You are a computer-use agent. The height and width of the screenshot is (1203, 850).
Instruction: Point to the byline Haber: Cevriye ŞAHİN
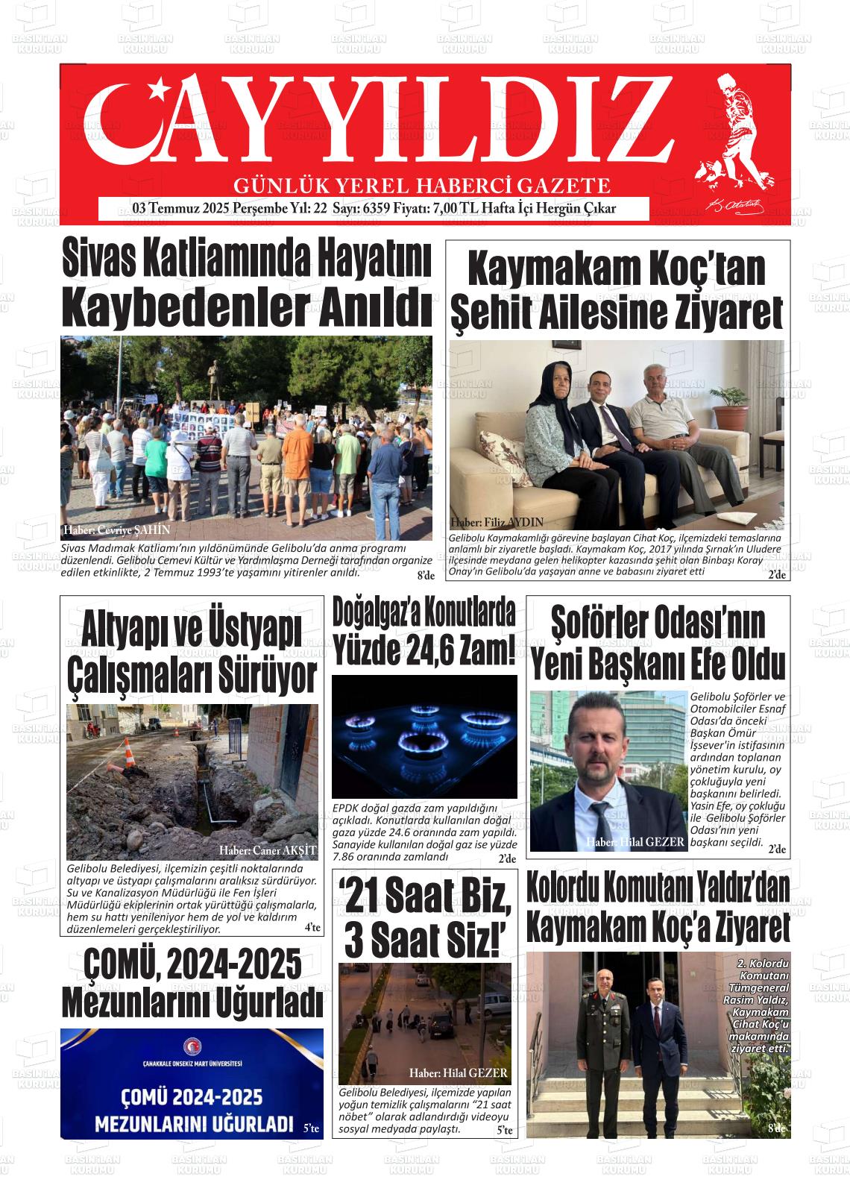[x=117, y=530]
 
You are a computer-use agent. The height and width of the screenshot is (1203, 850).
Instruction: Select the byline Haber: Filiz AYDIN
[x=497, y=522]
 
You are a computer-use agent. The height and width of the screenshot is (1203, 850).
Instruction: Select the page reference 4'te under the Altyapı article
[x=312, y=929]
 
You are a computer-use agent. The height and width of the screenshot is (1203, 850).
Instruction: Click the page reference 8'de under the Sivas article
[x=425, y=575]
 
